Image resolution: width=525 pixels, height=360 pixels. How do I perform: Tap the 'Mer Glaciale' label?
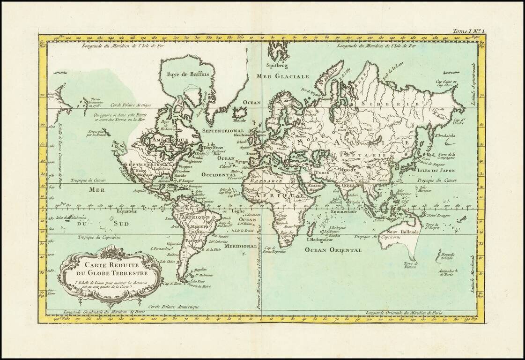click(x=283, y=76)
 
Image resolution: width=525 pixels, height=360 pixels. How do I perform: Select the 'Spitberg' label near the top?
click(x=276, y=65)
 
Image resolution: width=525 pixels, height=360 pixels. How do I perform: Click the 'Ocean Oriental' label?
click(x=333, y=250)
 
